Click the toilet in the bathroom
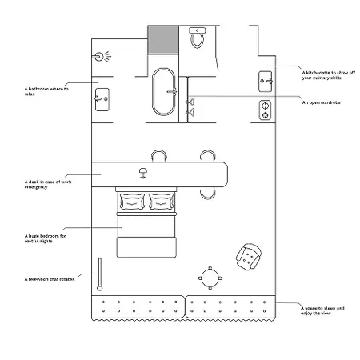[198, 38]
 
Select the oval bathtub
[164, 92]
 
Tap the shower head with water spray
[103, 57]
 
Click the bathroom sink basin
[102, 99]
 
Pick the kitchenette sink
[266, 82]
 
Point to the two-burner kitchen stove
[265, 110]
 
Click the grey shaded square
[163, 39]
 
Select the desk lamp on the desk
[143, 173]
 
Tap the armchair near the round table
[249, 257]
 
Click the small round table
[210, 278]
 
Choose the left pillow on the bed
[132, 202]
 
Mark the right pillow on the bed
[161, 202]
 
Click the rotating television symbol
[100, 274]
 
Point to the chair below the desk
[208, 193]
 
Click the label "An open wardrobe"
[322, 102]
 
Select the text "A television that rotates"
[50, 279]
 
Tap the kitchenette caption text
[329, 75]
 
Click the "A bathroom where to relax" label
[46, 91]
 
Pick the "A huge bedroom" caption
[45, 238]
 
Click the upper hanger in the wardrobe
[190, 102]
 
